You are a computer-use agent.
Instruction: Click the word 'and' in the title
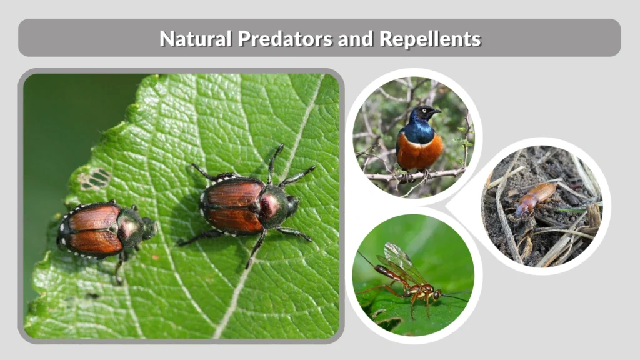[x=356, y=39]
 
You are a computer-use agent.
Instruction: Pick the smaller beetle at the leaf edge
[x=103, y=229]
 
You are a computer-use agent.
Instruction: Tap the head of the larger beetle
[x=291, y=205]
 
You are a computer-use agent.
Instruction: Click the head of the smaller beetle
[x=147, y=227]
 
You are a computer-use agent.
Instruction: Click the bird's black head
[x=427, y=113]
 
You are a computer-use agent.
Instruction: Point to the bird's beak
[x=437, y=111]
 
